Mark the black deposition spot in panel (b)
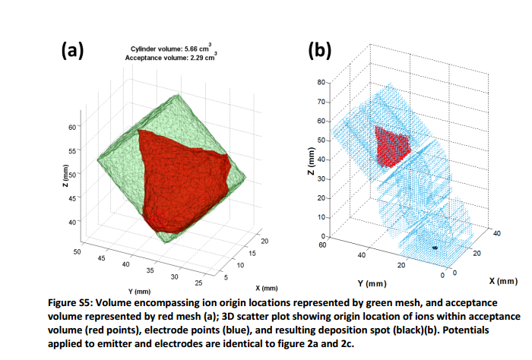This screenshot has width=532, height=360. click(x=435, y=248)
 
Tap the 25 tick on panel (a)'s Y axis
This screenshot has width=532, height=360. click(x=200, y=284)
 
